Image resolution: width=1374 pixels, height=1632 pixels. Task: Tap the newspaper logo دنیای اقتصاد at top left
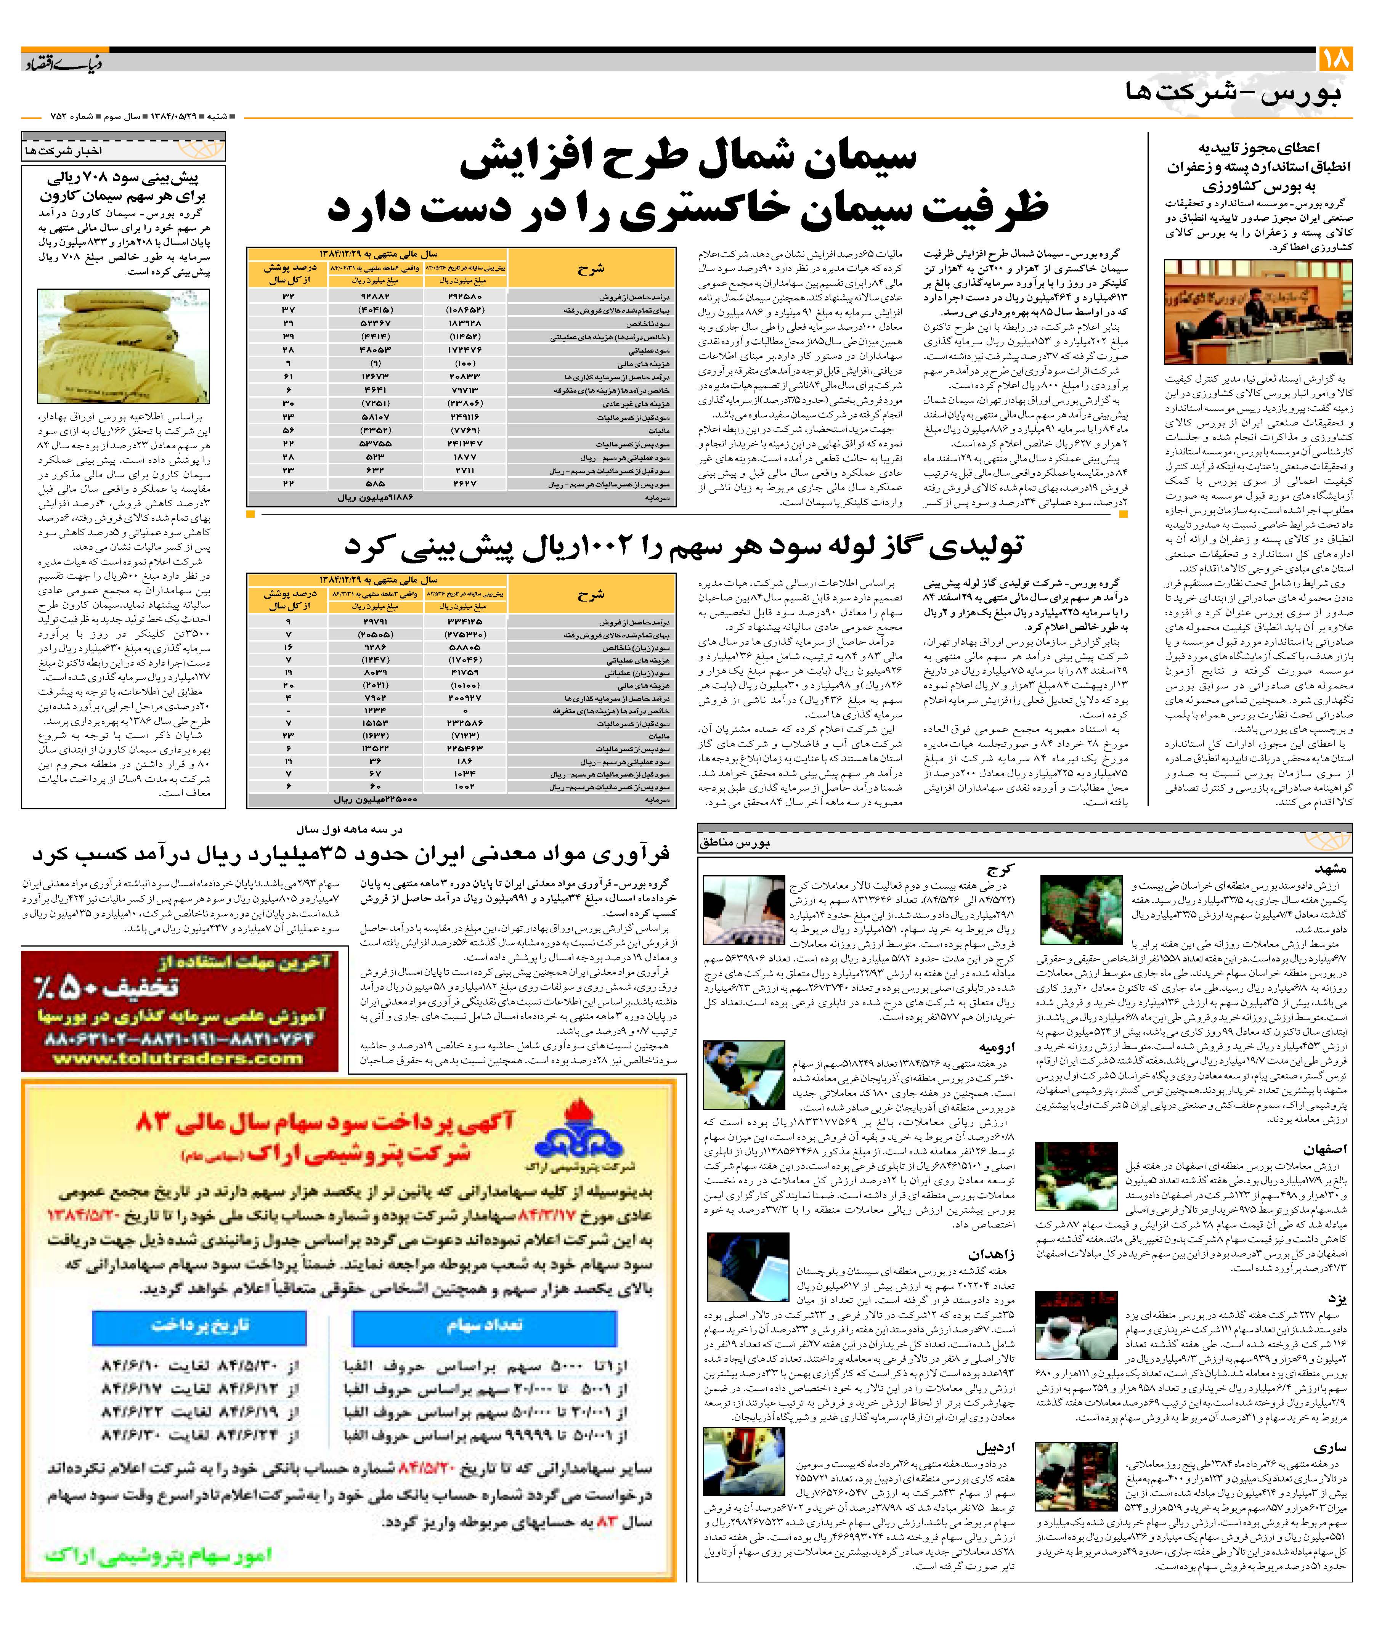click(62, 62)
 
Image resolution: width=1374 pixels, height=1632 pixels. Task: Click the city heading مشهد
click(1331, 868)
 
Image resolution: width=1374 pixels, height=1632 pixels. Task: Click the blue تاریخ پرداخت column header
click(200, 1325)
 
